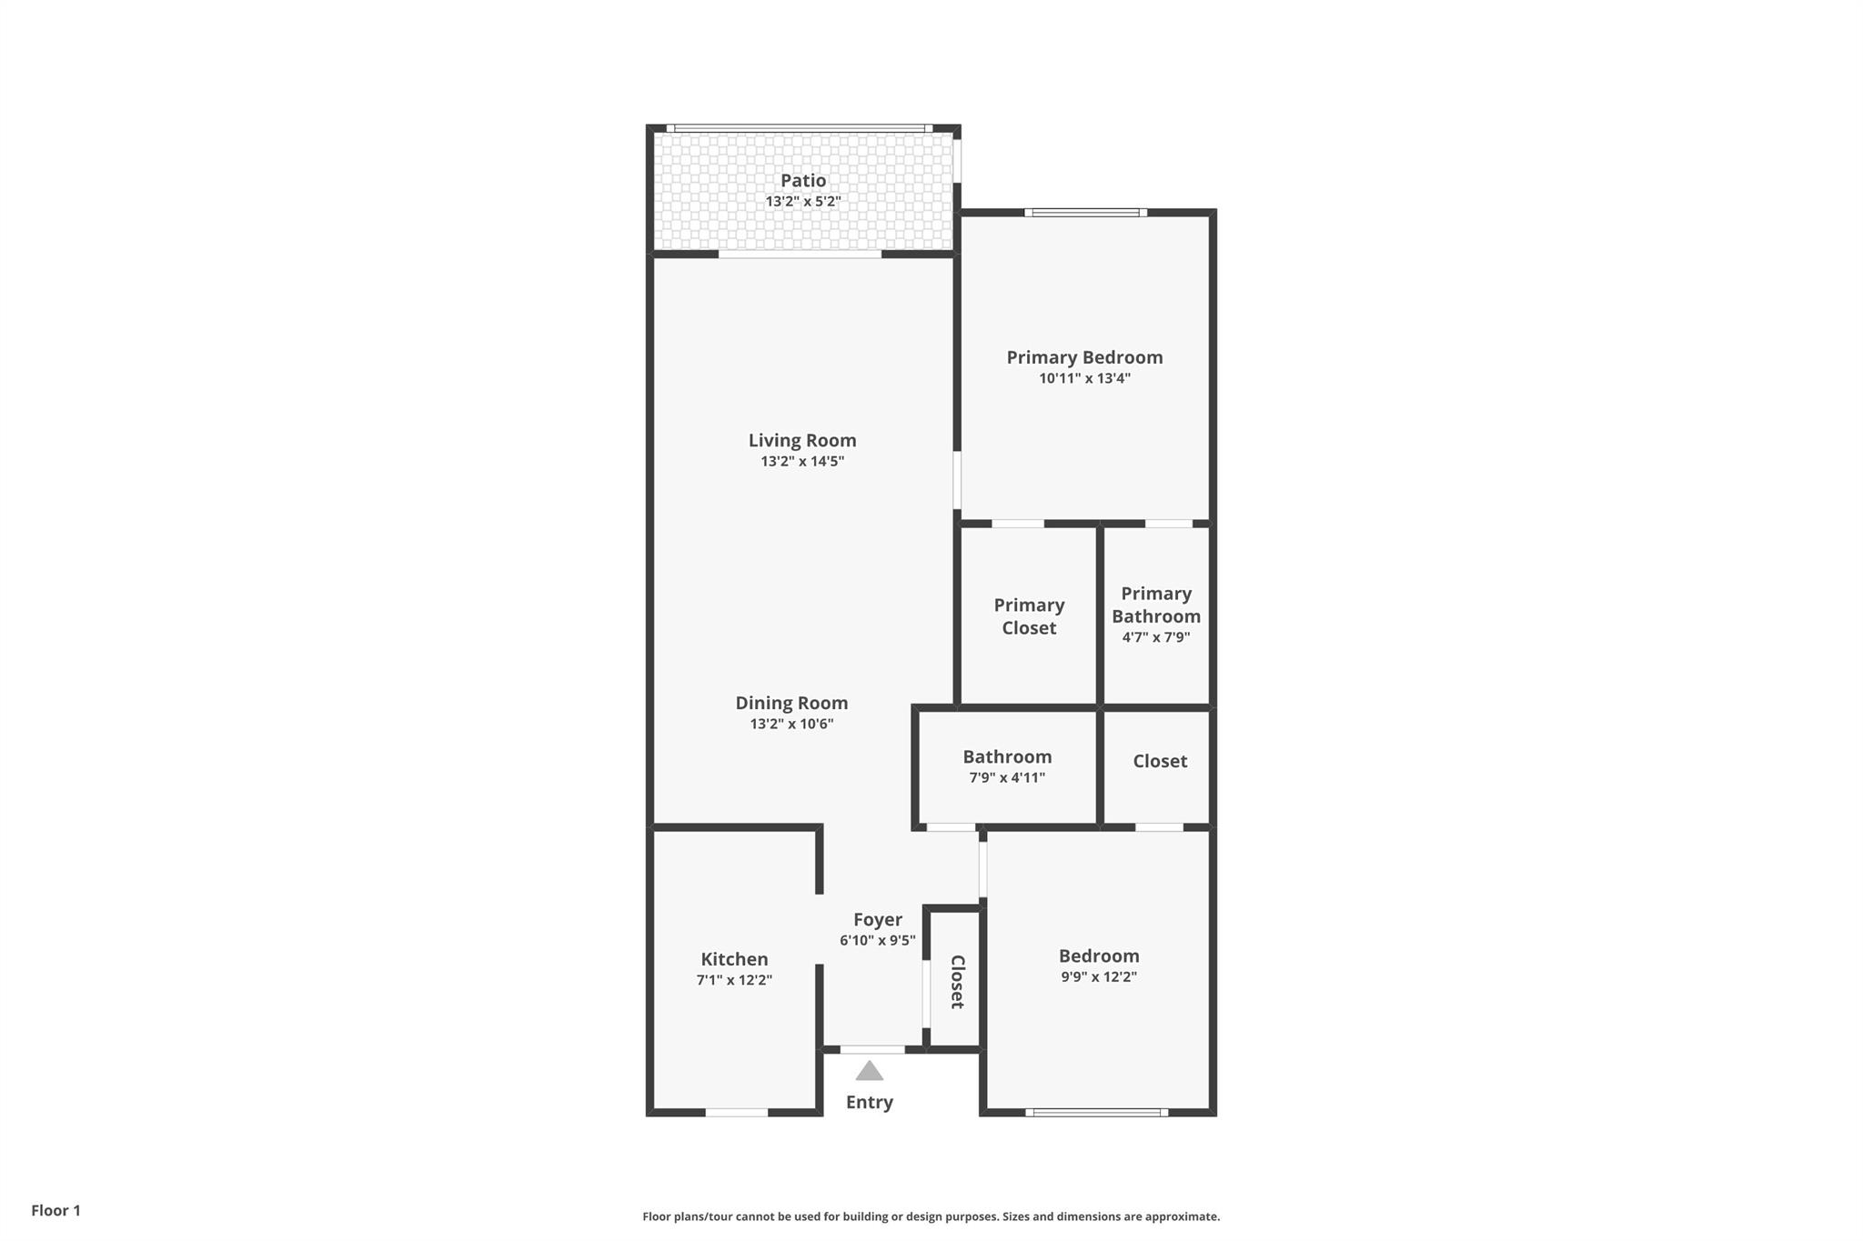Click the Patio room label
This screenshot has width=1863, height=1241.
tap(802, 181)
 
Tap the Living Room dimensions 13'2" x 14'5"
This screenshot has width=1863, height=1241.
tap(802, 462)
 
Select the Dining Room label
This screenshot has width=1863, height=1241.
tap(791, 703)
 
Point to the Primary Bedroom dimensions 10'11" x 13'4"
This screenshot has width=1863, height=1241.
tap(1084, 378)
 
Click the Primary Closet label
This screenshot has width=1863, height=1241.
tap(1029, 616)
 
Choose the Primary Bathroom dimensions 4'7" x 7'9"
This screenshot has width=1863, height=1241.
tap(1155, 637)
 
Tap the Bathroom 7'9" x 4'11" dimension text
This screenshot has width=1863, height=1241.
tap(1007, 778)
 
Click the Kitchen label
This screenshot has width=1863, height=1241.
tap(734, 959)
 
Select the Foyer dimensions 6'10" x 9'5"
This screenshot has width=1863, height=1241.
tap(877, 941)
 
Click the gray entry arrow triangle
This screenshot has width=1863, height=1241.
tap(870, 1072)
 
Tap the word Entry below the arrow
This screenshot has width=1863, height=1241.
tap(870, 1102)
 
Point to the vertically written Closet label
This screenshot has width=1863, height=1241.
tap(957, 982)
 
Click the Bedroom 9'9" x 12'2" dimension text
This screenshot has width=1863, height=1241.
tap(1098, 977)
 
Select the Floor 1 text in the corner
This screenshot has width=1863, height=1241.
tap(55, 1210)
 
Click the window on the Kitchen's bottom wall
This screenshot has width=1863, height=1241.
tap(737, 1112)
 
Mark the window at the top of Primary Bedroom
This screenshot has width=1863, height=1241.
tap(1085, 213)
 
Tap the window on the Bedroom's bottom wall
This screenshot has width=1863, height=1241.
tap(1097, 1112)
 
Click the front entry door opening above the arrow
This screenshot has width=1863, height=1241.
tap(872, 1050)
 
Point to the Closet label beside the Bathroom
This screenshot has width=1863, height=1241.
tap(1160, 761)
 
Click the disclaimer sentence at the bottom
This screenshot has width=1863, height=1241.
tap(931, 1216)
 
